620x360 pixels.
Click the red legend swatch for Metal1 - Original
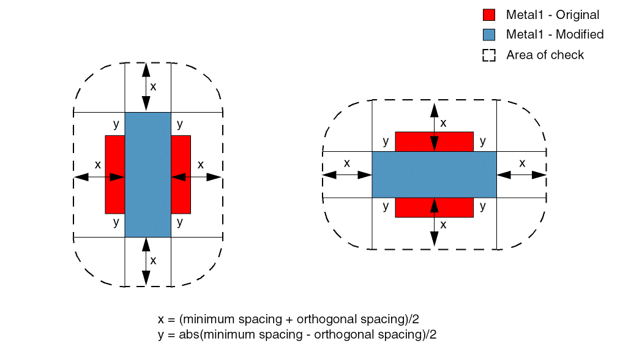pyautogui.click(x=488, y=15)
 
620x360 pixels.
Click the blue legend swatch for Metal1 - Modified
pyautogui.click(x=488, y=35)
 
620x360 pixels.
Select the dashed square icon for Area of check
pyautogui.click(x=488, y=55)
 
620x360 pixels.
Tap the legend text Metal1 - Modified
pyautogui.click(x=555, y=34)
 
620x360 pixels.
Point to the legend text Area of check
pyautogui.click(x=545, y=55)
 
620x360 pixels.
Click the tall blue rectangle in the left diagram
pyautogui.click(x=148, y=174)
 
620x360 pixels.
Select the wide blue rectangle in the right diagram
pyautogui.click(x=434, y=174)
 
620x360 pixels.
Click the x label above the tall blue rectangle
pyautogui.click(x=153, y=86)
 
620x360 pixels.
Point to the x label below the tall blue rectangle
pyautogui.click(x=153, y=260)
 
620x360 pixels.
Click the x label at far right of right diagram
pyautogui.click(x=522, y=163)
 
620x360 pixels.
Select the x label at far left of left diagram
pyautogui.click(x=97, y=165)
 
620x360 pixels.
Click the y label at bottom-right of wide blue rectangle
pyautogui.click(x=483, y=207)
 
